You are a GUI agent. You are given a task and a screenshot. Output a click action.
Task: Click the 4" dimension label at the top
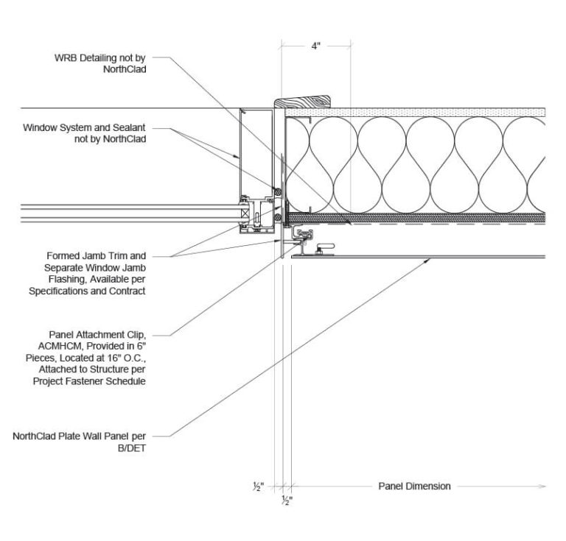[x=316, y=46]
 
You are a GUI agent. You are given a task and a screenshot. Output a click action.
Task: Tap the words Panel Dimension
[x=414, y=486]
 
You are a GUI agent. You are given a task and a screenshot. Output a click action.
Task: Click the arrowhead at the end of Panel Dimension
[x=542, y=486]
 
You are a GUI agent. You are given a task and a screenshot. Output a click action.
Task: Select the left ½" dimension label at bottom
[x=257, y=487]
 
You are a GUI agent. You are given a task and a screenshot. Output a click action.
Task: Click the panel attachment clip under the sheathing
[x=304, y=236]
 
